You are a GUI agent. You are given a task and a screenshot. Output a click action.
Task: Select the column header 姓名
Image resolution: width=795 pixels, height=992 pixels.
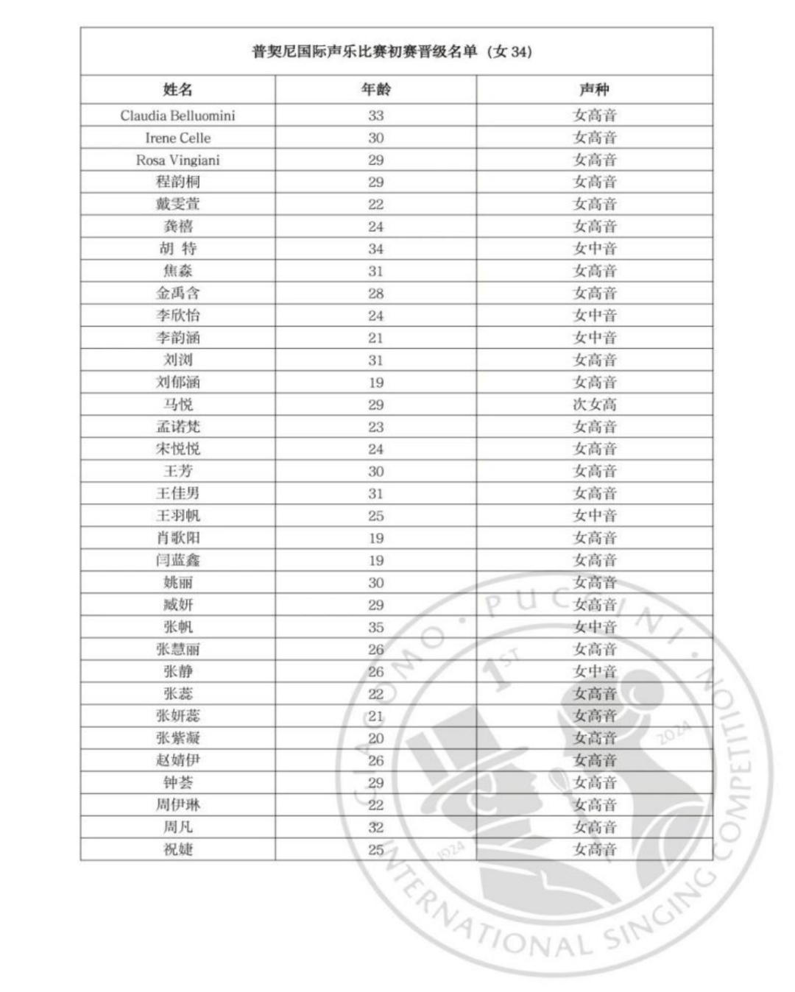[x=177, y=90]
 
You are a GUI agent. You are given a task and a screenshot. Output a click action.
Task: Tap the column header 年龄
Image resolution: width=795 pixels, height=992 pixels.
[x=375, y=90]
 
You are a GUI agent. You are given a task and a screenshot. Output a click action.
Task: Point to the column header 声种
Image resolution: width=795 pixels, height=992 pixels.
[x=594, y=90]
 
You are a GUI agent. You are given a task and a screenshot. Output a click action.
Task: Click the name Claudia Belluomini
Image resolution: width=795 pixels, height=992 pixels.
[x=177, y=116]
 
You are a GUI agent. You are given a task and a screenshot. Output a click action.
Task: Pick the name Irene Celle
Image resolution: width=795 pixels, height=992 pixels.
[x=177, y=138]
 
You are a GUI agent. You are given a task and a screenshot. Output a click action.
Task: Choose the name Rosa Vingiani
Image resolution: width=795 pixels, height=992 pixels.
[x=177, y=160]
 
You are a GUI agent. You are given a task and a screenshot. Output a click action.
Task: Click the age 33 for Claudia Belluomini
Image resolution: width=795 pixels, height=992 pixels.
[x=375, y=116]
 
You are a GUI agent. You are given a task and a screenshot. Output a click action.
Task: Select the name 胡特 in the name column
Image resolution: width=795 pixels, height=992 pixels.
[x=177, y=249]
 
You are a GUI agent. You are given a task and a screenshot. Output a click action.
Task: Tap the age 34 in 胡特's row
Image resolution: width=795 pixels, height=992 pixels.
[x=375, y=249]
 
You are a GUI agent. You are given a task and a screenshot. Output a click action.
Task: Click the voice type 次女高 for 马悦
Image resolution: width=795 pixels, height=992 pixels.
[x=594, y=404]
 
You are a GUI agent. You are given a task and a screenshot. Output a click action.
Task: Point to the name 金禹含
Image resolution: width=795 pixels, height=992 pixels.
[x=177, y=293]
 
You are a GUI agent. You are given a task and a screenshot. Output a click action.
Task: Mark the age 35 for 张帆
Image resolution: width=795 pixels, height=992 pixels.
[x=375, y=627]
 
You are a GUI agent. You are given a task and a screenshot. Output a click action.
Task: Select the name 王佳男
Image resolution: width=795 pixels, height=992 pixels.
[x=177, y=493]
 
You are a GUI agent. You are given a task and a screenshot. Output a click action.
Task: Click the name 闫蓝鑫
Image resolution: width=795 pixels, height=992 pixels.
[x=177, y=560]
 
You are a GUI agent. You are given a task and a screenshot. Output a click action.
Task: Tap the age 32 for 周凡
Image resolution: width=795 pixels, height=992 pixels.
[x=375, y=827]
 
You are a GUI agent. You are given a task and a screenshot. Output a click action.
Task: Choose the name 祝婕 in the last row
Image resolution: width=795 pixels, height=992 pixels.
[x=177, y=849]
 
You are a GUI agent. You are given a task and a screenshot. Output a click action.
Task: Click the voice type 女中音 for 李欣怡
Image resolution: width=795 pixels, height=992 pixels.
[x=594, y=315]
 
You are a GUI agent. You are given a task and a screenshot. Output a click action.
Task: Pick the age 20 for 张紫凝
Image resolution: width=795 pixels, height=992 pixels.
[x=375, y=738]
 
